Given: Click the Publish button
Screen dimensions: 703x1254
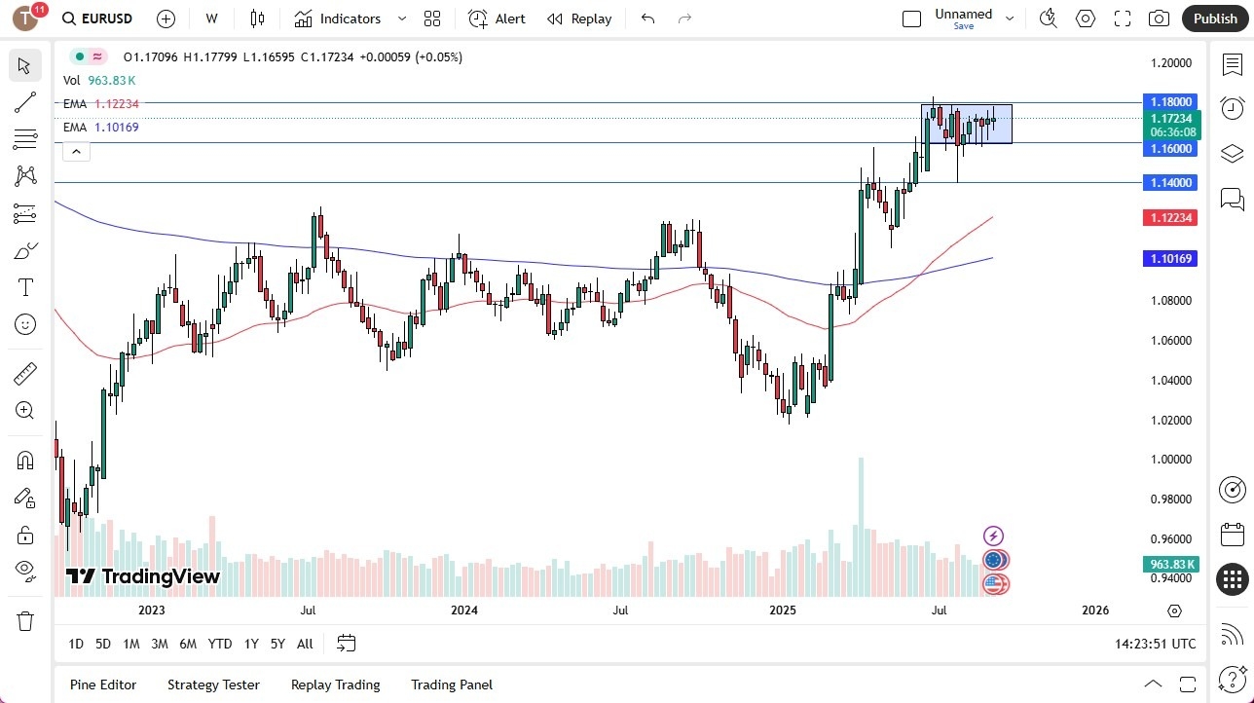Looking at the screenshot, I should click(x=1214, y=18).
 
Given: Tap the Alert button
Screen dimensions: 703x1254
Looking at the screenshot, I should click(x=497, y=18).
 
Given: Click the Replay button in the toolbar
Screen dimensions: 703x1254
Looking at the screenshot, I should click(x=579, y=18).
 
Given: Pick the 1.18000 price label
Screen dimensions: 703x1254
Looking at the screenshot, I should click(x=1171, y=101).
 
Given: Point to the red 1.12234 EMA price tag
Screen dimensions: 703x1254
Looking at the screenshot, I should click(x=1171, y=217).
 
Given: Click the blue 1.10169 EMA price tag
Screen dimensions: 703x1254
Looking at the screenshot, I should click(x=1171, y=258).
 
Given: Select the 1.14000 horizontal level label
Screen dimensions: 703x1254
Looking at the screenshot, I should click(x=1171, y=182).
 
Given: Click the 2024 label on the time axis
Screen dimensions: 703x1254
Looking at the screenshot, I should click(x=464, y=610).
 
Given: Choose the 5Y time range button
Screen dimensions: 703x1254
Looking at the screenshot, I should click(x=277, y=644).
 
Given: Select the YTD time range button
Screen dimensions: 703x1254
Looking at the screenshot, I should click(x=220, y=644).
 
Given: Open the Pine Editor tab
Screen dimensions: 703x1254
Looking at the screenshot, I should click(x=103, y=684).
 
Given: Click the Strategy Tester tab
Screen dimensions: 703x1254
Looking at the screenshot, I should click(x=213, y=684).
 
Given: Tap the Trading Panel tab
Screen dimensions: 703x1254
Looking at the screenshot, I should click(x=452, y=684).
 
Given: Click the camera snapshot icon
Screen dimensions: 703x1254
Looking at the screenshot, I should click(x=1159, y=18).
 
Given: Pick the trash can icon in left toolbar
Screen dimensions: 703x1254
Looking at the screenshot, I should click(x=25, y=620).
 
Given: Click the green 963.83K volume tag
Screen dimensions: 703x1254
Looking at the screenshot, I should click(x=1171, y=564).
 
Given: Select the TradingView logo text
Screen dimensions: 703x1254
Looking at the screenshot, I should click(x=143, y=576).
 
